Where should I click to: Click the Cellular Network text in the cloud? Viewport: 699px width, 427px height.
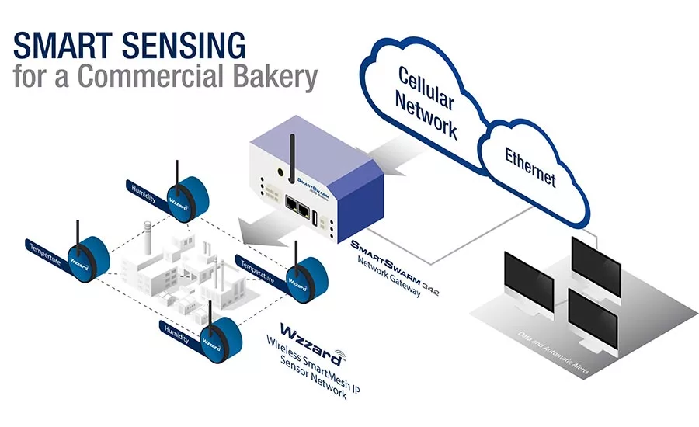(x=426, y=101)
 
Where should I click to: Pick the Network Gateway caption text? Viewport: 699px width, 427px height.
(x=389, y=279)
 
